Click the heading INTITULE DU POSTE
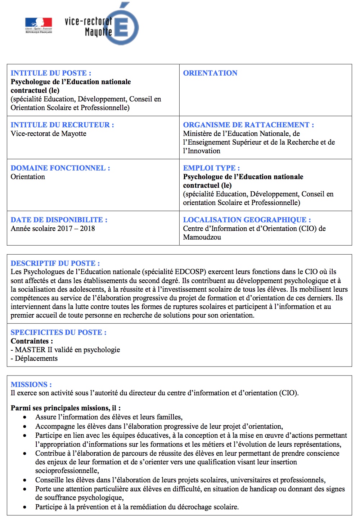point(51,73)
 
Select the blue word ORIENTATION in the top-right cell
point(210,73)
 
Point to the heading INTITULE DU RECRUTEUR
point(62,125)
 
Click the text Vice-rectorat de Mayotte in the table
point(49,133)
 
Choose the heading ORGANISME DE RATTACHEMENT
point(248,125)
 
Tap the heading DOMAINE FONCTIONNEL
point(60,168)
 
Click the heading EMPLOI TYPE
point(211,168)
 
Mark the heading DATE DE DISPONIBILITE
point(59,220)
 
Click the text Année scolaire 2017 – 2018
point(53,228)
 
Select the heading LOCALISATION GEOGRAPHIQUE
point(247,220)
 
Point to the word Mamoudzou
point(202,237)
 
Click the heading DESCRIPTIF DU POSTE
point(55,263)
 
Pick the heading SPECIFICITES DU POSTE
point(58,332)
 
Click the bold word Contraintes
point(31,341)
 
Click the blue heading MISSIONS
point(31,385)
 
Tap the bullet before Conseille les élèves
point(24,480)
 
